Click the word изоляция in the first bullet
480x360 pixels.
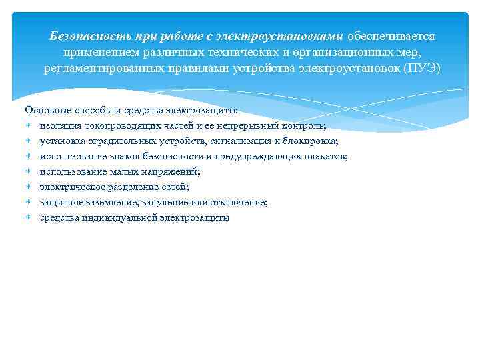59,125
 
